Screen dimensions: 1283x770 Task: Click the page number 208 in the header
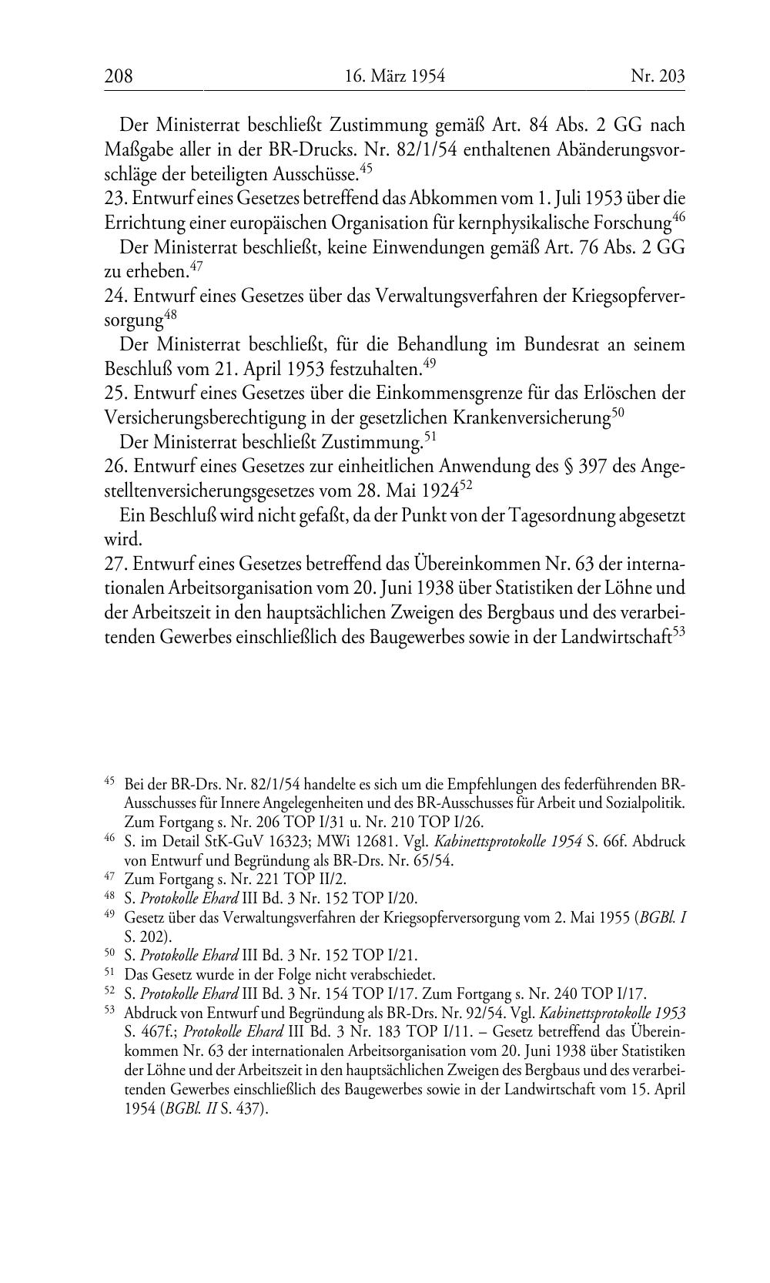pos(119,76)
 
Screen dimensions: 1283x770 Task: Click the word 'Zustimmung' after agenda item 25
pos(370,443)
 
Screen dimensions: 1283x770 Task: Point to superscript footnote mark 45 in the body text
pos(366,166)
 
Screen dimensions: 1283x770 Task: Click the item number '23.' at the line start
pos(115,198)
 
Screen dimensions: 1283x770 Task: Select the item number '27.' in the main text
pos(115,564)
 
